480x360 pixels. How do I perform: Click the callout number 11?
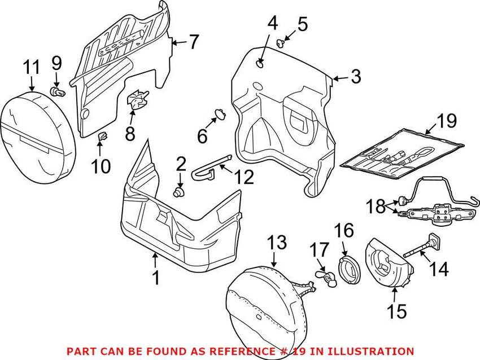(x=31, y=68)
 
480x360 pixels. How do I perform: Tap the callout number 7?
(x=194, y=42)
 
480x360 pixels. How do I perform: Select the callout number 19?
(x=446, y=121)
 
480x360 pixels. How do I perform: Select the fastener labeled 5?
(x=282, y=41)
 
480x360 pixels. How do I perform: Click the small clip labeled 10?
(x=103, y=136)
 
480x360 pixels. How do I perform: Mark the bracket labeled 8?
(x=136, y=103)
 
